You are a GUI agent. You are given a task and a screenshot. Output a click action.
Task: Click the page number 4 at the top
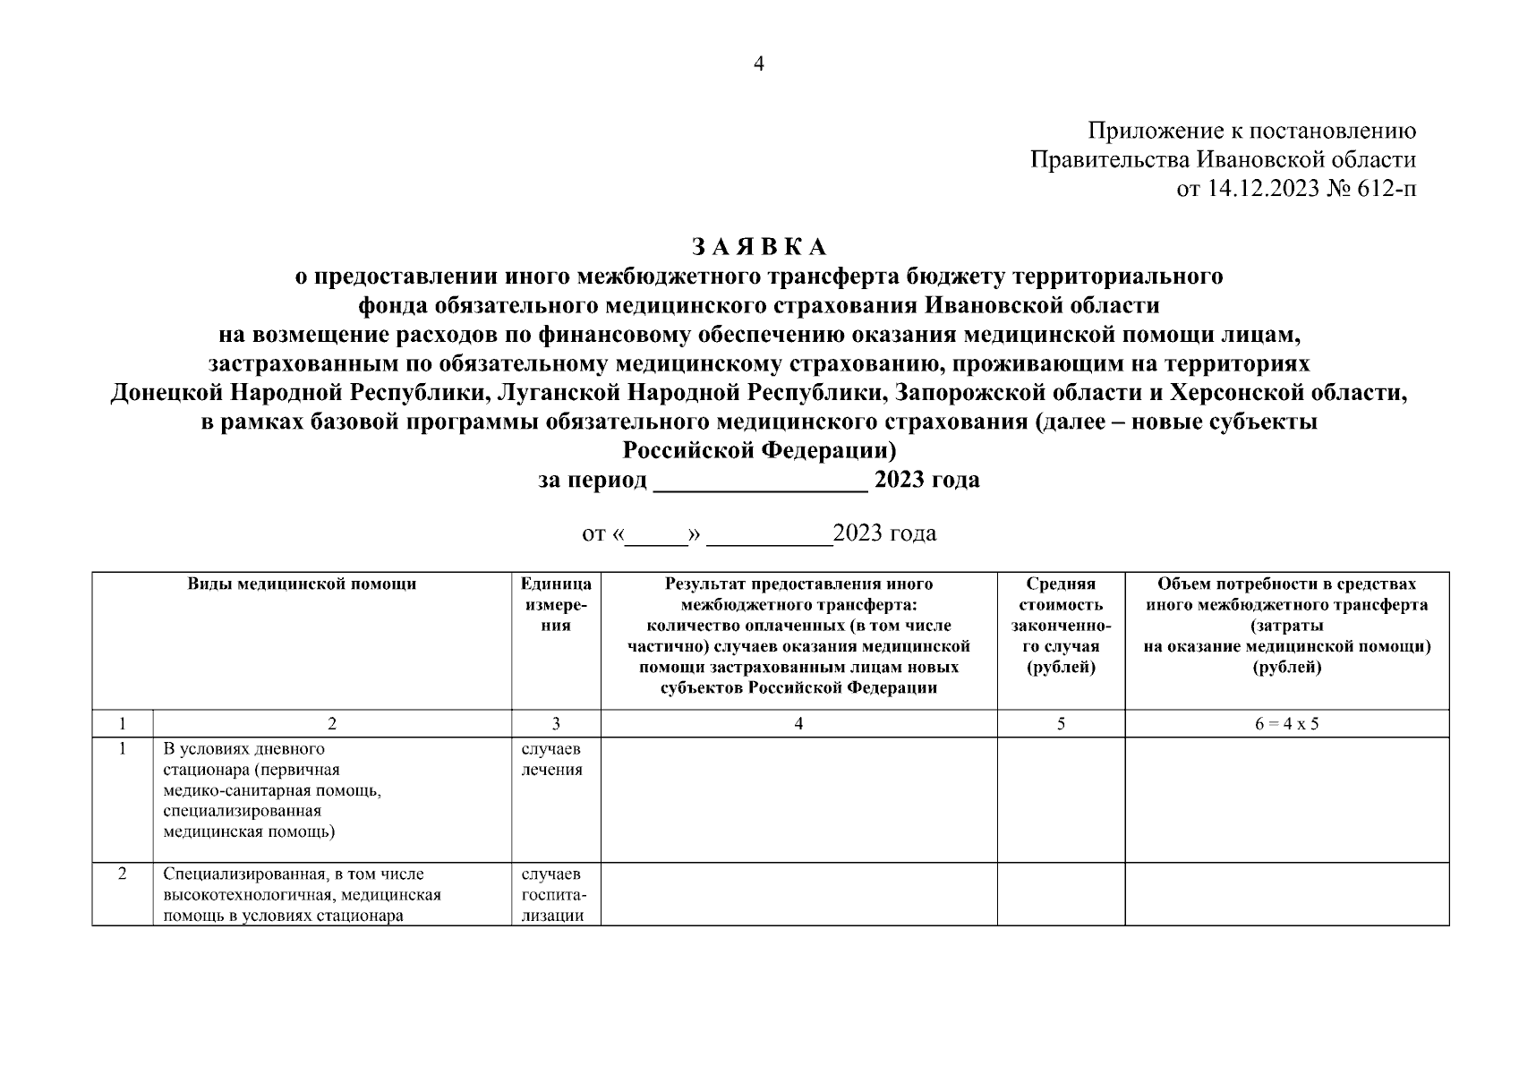tap(759, 64)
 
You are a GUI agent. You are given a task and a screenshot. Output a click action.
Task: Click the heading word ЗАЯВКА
tap(759, 247)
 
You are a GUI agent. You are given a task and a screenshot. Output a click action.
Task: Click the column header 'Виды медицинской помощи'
tap(302, 584)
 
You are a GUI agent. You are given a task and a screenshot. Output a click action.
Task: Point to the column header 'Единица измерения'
tap(556, 605)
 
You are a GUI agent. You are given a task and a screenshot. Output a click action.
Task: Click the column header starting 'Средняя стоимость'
tap(1061, 626)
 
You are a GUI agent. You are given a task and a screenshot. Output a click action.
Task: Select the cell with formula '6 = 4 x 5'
tap(1286, 724)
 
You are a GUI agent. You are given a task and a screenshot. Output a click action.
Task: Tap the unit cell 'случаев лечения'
tap(551, 759)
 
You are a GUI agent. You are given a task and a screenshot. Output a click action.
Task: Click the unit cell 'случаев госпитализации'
tap(552, 894)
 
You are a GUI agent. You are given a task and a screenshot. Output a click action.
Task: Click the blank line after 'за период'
tap(761, 482)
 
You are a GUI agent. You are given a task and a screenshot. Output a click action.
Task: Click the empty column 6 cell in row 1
tap(1286, 799)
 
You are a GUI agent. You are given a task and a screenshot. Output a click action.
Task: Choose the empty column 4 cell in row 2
tap(798, 894)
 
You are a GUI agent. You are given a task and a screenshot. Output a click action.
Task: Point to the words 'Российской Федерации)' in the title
tap(759, 450)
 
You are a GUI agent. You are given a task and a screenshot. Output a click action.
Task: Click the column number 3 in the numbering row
tap(556, 724)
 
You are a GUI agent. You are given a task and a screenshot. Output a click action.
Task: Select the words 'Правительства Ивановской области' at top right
tap(1223, 160)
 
